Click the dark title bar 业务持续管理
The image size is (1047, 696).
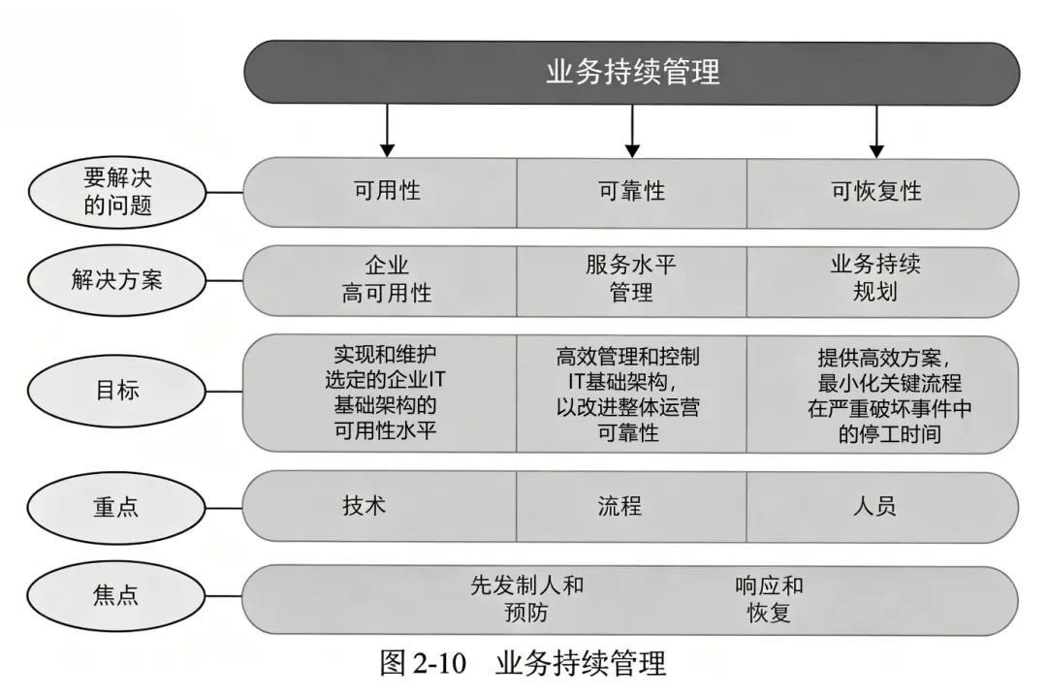pyautogui.click(x=632, y=73)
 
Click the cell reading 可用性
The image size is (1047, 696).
pyautogui.click(x=387, y=192)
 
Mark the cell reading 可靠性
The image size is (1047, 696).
pyautogui.click(x=632, y=192)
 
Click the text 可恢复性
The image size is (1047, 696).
pyautogui.click(x=876, y=192)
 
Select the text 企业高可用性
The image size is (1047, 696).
pyautogui.click(x=387, y=279)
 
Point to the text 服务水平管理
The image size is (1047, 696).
pyautogui.click(x=632, y=279)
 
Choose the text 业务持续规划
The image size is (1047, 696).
pyautogui.click(x=876, y=279)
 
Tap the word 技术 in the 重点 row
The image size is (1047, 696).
pyautogui.click(x=365, y=506)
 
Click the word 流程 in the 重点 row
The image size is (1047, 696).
pyautogui.click(x=619, y=506)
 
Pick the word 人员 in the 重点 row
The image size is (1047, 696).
pyautogui.click(x=874, y=506)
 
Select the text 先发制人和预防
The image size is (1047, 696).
pyautogui.click(x=526, y=599)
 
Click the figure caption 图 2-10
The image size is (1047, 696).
pyautogui.click(x=424, y=665)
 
